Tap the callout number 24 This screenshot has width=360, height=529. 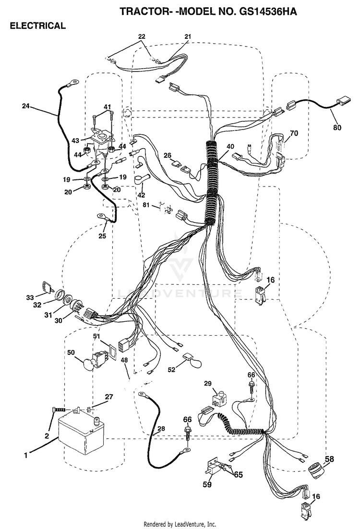click(25, 106)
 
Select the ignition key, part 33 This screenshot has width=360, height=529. click(48, 287)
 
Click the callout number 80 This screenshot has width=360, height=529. click(337, 128)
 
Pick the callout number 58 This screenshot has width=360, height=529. click(329, 459)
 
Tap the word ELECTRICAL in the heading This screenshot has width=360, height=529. click(37, 25)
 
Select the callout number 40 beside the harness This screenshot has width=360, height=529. click(230, 146)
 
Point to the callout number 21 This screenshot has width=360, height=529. click(188, 36)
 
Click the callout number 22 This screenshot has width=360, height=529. click(142, 36)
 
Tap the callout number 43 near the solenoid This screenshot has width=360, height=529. click(75, 141)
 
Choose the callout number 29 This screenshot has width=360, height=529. click(208, 383)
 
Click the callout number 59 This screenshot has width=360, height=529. click(207, 484)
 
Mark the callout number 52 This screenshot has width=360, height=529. click(171, 370)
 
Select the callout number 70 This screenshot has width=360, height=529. click(294, 133)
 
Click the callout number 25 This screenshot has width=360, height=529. click(102, 236)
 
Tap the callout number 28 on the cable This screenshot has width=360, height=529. click(161, 428)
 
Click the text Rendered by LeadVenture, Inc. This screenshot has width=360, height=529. click(180, 524)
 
